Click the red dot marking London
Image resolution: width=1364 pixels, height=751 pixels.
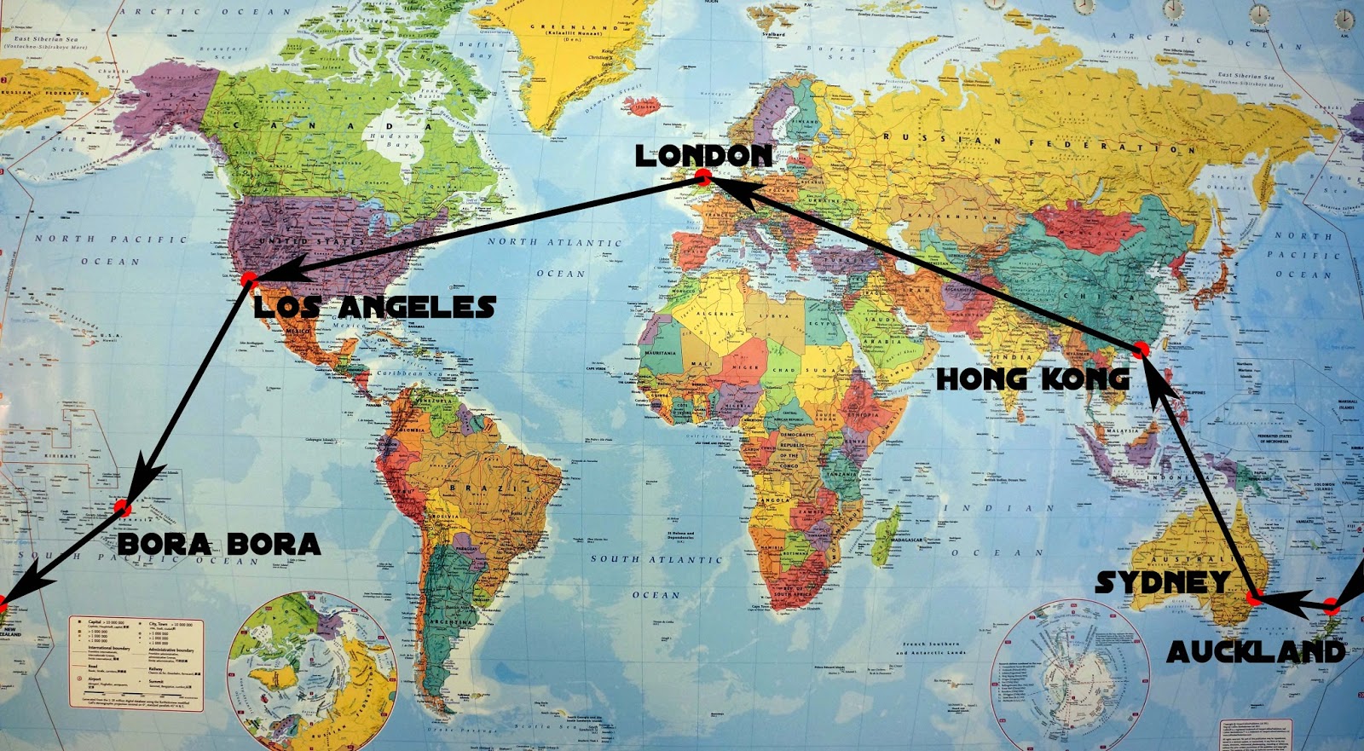703,177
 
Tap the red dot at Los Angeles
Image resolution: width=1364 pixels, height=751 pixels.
248,279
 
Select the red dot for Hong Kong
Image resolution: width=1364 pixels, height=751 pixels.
1141,350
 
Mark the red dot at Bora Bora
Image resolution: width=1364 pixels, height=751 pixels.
121,507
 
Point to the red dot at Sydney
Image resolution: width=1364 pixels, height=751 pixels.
1253,598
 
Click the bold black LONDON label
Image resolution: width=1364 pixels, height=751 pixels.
703,155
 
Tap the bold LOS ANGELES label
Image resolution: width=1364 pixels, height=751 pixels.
375,307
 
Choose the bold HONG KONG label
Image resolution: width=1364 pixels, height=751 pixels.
1032,379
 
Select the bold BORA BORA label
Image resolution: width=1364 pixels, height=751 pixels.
219,544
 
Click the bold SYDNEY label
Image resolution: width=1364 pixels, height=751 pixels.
1163,582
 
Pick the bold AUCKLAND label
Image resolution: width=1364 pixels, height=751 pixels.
1256,652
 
